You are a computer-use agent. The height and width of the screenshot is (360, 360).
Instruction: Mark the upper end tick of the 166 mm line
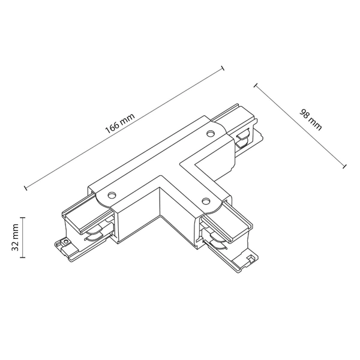coord(223,68)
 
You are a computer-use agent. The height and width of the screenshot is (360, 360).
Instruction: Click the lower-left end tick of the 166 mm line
coord(26,188)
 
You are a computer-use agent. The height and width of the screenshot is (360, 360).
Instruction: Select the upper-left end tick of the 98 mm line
coord(256,86)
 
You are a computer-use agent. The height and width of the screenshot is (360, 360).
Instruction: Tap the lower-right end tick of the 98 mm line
coord(345,166)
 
